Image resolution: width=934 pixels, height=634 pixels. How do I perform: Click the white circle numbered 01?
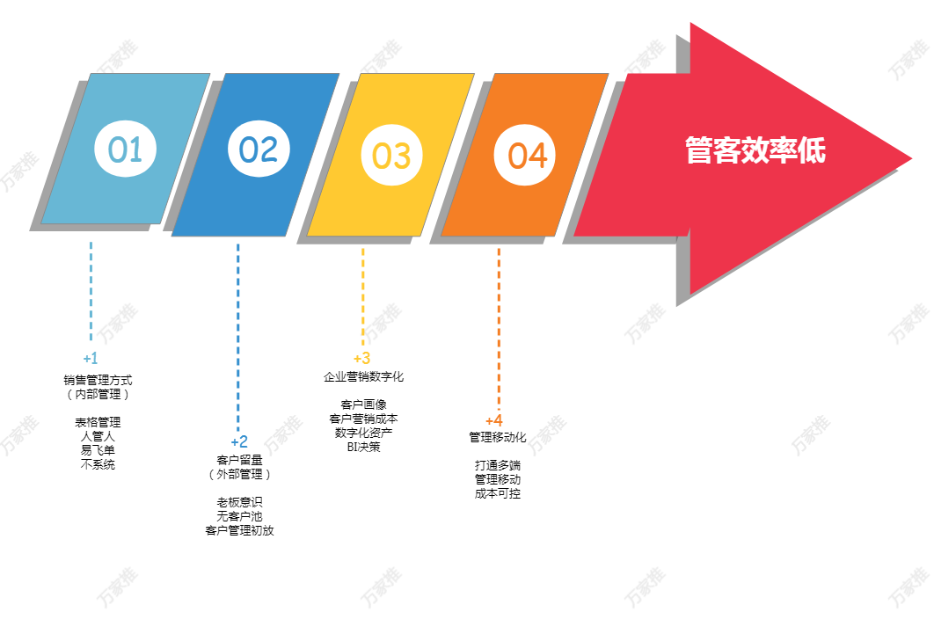125,149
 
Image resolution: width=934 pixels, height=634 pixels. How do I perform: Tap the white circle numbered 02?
259,149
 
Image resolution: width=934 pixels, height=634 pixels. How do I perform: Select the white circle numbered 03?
391,156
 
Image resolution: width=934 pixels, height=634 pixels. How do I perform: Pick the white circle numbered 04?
525,156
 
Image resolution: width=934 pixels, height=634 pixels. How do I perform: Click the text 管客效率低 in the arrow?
755,150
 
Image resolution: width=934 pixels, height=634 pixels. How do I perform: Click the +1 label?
91,359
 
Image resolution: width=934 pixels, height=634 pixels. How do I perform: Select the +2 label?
239,441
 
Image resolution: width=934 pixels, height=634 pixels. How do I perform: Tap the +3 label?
361,359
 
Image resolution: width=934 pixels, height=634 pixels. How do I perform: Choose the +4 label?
494,420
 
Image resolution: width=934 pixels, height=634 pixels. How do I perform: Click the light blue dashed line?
91,290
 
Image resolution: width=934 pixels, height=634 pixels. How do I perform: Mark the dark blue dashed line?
238,334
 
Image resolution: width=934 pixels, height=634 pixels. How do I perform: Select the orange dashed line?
498,325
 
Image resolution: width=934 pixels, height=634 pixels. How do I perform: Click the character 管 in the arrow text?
698,150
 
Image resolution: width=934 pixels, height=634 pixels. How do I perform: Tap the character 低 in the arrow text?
812,150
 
